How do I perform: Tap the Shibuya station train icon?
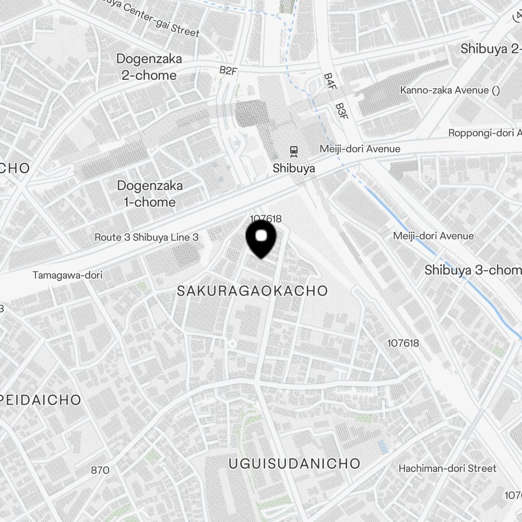[294, 151]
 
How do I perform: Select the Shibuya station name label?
[294, 168]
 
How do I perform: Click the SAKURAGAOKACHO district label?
[252, 291]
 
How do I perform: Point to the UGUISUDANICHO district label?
[294, 463]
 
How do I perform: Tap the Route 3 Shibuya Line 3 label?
[146, 238]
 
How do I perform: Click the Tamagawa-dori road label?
[67, 275]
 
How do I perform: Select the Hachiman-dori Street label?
[447, 468]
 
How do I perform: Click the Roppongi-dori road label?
[484, 133]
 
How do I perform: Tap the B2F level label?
[228, 70]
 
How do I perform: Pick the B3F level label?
[340, 110]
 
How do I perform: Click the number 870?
[100, 470]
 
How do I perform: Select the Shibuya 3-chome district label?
[472, 270]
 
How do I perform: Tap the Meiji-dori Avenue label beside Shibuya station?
[360, 149]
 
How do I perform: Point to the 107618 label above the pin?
[266, 219]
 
